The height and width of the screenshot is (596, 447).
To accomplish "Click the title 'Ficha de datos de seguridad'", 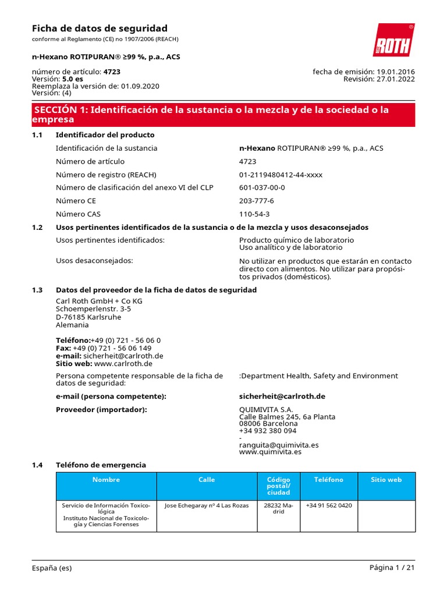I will click(99, 29).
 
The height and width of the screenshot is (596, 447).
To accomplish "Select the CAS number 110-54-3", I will click(254, 214).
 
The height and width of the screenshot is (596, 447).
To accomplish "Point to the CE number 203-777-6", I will click(256, 201).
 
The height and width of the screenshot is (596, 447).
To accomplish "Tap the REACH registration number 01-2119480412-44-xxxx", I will click(281, 175).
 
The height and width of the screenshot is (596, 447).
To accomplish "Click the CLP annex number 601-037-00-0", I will click(262, 188).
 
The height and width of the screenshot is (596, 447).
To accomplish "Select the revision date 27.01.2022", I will click(396, 79).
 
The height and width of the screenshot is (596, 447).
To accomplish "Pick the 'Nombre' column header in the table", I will click(106, 480).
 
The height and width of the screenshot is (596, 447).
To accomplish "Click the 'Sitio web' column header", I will click(386, 480).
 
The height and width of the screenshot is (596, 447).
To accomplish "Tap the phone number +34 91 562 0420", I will click(328, 505).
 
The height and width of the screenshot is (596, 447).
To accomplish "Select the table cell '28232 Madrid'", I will click(278, 509).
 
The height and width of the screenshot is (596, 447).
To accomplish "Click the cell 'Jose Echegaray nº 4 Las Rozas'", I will click(207, 505).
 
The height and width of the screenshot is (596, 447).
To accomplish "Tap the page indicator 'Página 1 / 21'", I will click(392, 568).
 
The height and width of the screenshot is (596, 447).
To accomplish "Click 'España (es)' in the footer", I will click(52, 568).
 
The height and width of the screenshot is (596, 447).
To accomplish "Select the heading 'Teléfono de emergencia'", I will click(101, 465).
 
